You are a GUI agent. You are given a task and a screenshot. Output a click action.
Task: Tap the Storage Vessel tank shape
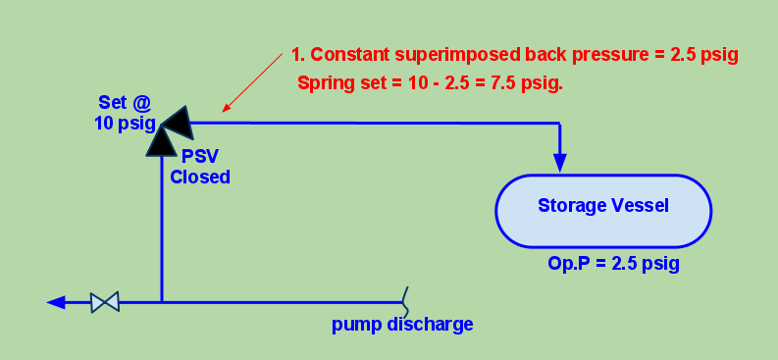point(602,210)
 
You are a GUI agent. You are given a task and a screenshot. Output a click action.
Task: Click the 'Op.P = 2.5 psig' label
point(613,265)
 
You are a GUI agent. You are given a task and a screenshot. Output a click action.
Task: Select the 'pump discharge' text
point(402,325)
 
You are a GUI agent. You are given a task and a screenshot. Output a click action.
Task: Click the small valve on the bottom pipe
point(104,302)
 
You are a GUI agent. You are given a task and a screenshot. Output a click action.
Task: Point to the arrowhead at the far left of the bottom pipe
point(56,302)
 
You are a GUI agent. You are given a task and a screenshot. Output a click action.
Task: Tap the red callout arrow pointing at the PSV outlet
point(252,82)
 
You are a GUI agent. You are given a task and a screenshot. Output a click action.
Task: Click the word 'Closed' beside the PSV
point(199,177)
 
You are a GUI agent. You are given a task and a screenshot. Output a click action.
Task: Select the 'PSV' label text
point(199,157)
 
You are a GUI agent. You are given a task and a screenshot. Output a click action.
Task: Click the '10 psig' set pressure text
point(125,122)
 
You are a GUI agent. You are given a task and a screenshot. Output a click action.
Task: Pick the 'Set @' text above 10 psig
point(124,102)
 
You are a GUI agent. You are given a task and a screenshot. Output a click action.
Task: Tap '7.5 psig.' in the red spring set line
point(529,83)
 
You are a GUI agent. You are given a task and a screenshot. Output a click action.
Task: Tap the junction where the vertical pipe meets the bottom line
point(161,302)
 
